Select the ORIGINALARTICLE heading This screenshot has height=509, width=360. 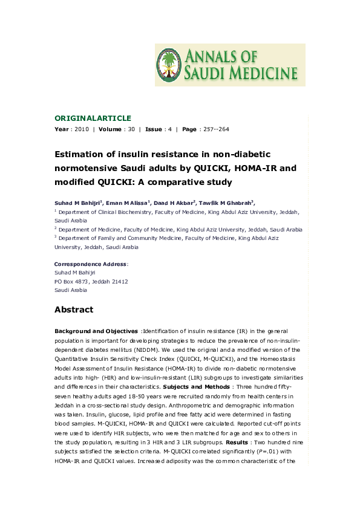93,118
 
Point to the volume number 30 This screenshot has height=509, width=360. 131,129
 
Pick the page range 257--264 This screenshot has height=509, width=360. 215,129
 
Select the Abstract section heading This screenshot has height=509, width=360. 74,310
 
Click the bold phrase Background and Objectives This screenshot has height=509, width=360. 96,332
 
